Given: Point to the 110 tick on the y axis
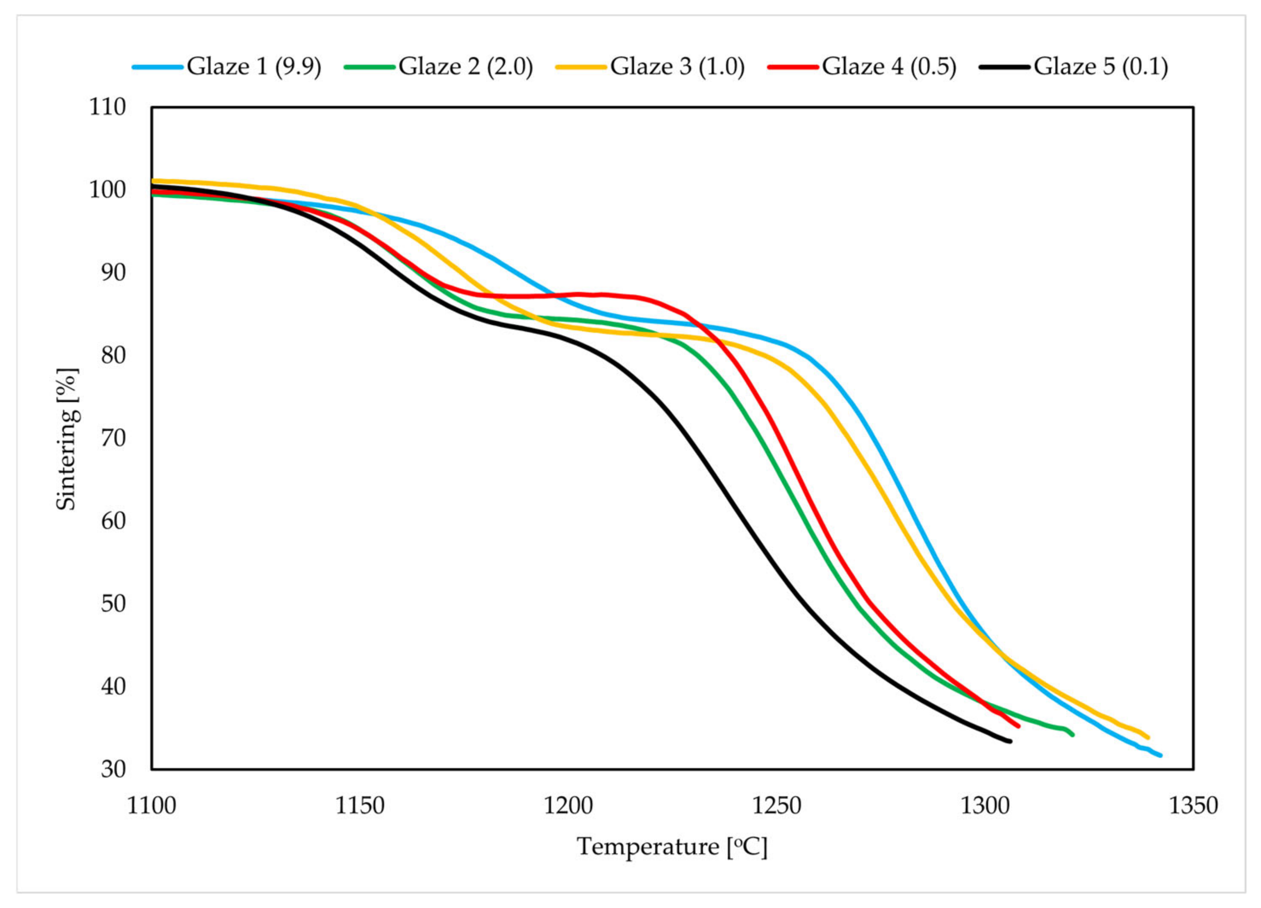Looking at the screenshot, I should tap(108, 107).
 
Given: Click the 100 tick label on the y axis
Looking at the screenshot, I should tap(108, 189).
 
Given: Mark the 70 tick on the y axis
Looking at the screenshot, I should tap(113, 438).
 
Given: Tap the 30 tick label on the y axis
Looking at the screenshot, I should tap(113, 770).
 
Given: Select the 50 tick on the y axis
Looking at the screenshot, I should tap(113, 604).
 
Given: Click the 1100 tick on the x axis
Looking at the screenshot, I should tap(151, 806).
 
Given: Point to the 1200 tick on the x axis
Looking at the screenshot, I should tap(568, 806).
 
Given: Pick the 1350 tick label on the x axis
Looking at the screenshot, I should tap(1193, 806).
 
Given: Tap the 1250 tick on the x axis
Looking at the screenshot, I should tap(776, 806).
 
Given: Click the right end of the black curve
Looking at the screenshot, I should tap(1010, 741).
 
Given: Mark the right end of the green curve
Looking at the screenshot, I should tap(1072, 735).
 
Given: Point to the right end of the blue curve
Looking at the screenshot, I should tap(1160, 756).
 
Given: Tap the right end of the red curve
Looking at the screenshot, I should tap(1019, 726).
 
